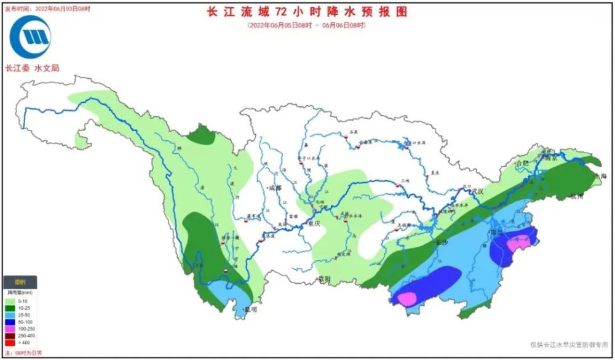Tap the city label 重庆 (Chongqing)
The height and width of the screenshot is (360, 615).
(314, 223)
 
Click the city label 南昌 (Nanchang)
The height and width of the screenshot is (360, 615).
(496, 233)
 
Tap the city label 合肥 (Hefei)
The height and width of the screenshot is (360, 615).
(522, 164)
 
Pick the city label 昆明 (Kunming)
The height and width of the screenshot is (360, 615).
(250, 310)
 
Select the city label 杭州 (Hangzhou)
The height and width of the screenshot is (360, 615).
(579, 197)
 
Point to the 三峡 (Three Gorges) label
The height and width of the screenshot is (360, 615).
(405, 180)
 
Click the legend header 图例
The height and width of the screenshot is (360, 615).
(20, 282)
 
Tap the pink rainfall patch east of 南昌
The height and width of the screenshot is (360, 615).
(518, 244)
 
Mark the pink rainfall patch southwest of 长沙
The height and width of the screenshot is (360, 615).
(407, 298)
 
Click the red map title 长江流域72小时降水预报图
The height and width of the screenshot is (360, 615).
(307, 12)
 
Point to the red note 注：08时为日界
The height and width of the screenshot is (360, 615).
(22, 353)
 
